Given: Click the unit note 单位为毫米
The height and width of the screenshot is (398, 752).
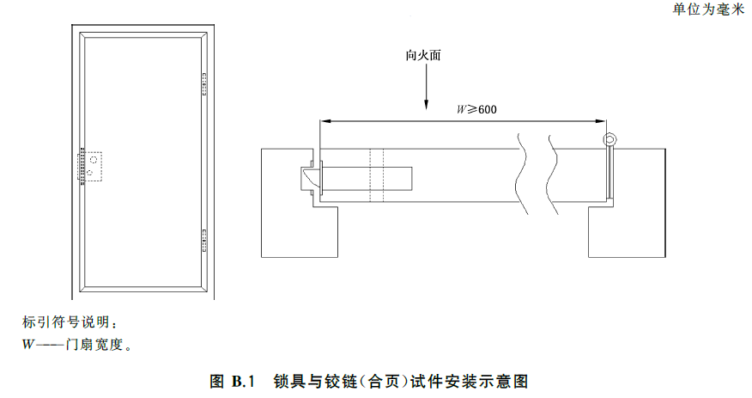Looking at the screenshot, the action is pos(708,9).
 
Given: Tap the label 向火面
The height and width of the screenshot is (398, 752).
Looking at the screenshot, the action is pos(423,56).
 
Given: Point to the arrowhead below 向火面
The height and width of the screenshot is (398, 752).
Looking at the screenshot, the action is pos(426,105).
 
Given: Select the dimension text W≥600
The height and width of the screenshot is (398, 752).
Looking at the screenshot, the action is pos(476,109).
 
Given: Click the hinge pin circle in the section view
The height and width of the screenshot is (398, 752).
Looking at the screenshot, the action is pos(610,140).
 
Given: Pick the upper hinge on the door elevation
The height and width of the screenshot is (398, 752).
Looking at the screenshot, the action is pos(203,84).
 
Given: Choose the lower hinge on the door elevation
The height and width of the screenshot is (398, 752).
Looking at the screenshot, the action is pos(203,241).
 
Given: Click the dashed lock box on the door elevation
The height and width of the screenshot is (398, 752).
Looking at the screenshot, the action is pos(91,166).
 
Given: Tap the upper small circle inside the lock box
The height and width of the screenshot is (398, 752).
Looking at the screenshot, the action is pos(94,160).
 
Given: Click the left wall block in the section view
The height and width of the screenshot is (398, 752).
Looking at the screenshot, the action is pos(292,204).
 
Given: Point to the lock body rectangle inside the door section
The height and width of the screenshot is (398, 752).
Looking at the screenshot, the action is pos(367,178).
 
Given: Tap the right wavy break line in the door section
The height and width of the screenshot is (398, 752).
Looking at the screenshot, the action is pos(554,174).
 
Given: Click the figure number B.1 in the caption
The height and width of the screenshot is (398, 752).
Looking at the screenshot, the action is pos(243,382).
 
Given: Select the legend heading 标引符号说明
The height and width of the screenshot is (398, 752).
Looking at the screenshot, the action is pos(66,322).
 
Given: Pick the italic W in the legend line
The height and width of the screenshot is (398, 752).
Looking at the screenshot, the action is pos(27,345).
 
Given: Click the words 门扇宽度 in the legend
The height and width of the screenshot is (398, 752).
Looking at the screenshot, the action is pos(94,345).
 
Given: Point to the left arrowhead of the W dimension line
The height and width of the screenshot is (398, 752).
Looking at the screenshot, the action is pos(325,121).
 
